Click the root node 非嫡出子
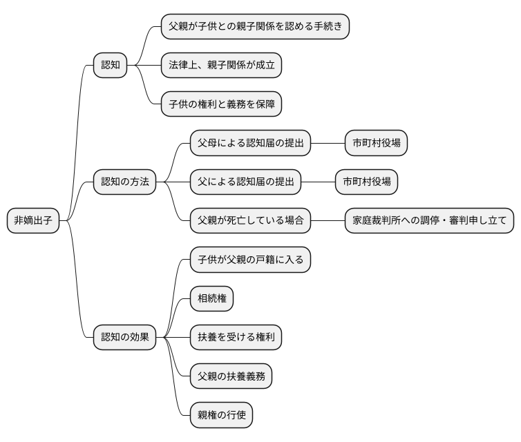tap(33, 221)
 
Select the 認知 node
tap(111, 66)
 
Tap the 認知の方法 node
tap(125, 182)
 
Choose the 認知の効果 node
tap(125, 338)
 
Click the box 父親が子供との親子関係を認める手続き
tap(255, 27)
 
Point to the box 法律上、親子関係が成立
tap(221, 66)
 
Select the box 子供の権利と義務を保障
tap(221, 104)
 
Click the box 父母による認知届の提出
tap(250, 144)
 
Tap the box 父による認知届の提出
tap(245, 182)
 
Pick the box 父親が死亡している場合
tap(250, 221)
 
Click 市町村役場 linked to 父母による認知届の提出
tap(376, 144)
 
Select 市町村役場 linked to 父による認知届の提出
tap(366, 182)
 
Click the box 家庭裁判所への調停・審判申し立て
tap(429, 221)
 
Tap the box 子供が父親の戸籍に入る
tap(250, 260)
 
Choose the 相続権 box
tap(211, 299)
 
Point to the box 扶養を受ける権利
tap(236, 338)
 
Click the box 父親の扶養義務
tap(231, 376)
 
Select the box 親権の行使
tap(221, 416)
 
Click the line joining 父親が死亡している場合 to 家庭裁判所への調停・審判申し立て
tap(328, 221)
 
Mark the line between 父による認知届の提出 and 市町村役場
tap(318, 182)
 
